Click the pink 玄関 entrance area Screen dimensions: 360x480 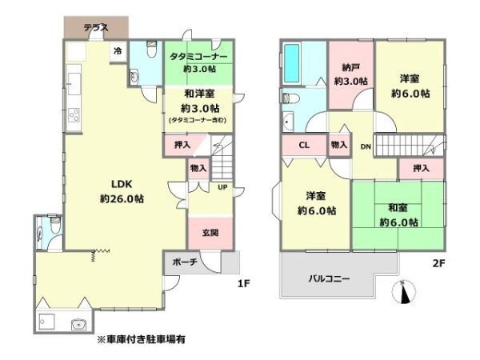(x=210, y=233)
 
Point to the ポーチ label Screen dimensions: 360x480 (x=185, y=262)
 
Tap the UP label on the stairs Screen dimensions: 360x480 (x=222, y=188)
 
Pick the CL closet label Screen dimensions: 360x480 (x=304, y=146)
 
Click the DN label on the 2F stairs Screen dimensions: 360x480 (x=366, y=146)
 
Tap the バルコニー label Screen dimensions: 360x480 (x=331, y=278)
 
